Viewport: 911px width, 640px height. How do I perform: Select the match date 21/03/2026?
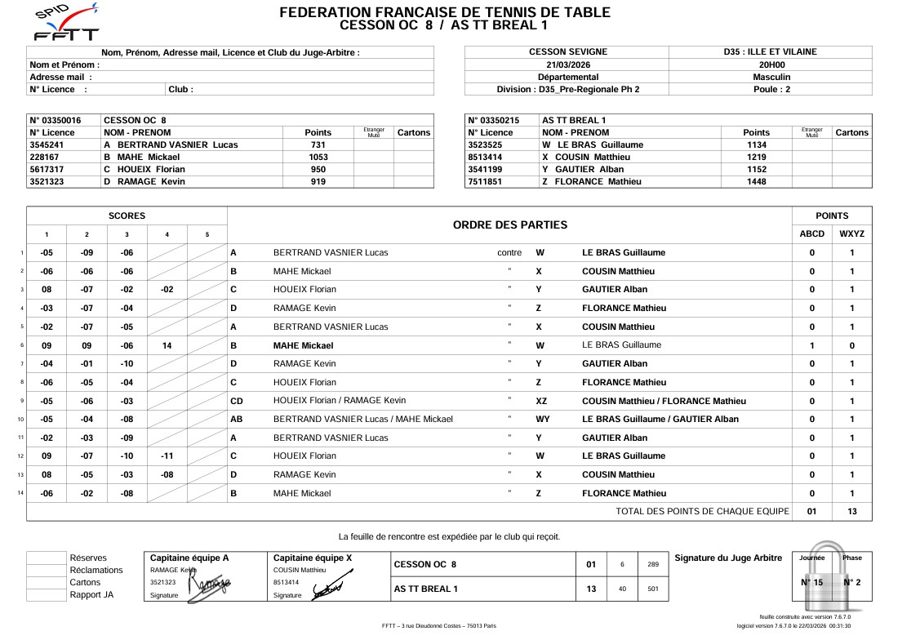(567, 64)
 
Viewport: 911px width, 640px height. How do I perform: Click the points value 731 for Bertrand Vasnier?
(318, 144)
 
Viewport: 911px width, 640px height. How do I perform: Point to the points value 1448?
(756, 182)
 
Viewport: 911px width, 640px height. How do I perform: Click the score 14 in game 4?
(167, 345)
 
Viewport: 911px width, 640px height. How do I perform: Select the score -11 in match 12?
(167, 456)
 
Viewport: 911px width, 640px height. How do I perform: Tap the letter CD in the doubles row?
(237, 401)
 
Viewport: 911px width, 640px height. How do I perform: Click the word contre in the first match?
(509, 253)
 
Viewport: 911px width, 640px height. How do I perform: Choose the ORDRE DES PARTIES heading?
(509, 224)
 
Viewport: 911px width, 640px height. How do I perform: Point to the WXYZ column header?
(851, 234)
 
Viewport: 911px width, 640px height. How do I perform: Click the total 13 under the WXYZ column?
(851, 512)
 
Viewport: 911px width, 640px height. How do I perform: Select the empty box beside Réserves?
(46, 558)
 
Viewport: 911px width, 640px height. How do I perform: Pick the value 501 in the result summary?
(652, 589)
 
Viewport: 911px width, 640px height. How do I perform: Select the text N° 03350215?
(495, 120)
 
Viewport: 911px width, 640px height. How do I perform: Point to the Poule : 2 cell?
(771, 89)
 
